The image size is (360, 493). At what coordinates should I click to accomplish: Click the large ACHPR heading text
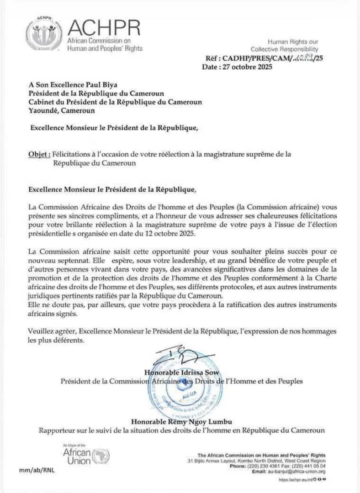(104, 29)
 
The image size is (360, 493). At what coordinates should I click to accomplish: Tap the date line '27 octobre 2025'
(237, 67)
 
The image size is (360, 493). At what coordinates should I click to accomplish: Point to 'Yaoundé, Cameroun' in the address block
(62, 110)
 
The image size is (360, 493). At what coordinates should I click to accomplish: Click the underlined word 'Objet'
(39, 155)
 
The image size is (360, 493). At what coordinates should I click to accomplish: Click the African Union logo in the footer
(86, 454)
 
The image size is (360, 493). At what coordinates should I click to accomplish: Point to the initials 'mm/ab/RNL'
(37, 470)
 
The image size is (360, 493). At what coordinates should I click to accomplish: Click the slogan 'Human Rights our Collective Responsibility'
(285, 45)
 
